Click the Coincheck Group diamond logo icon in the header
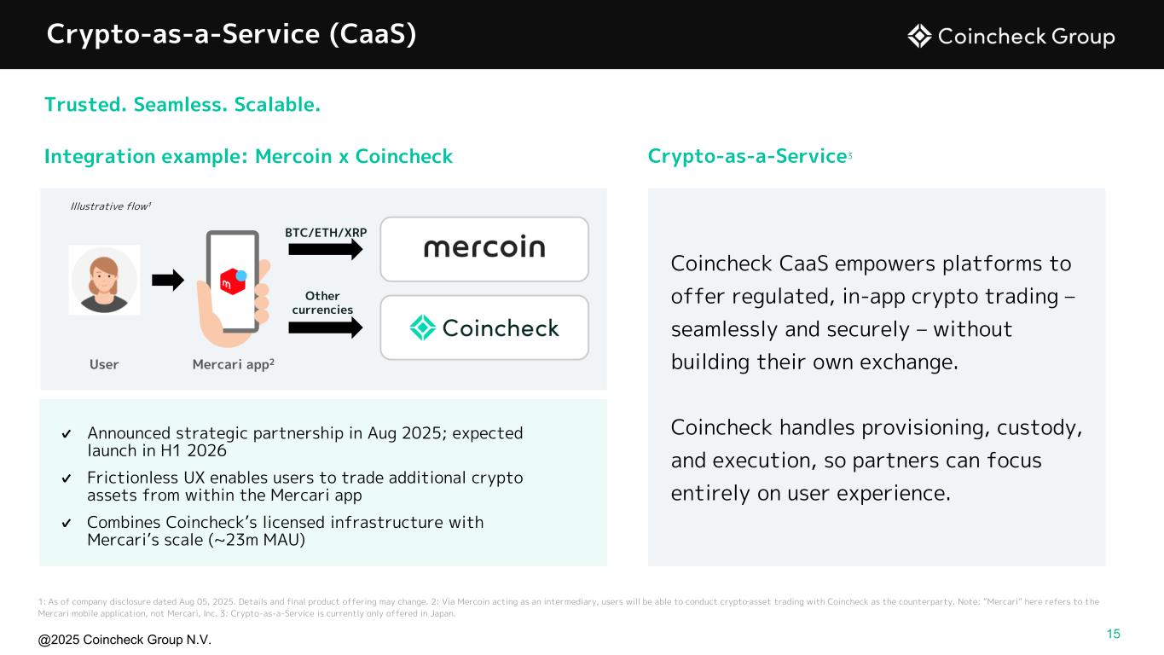click(919, 37)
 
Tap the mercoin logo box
click(484, 249)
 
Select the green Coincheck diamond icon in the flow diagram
click(422, 327)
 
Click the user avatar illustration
click(104, 280)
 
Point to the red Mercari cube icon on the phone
click(232, 281)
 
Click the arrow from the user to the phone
click(168, 281)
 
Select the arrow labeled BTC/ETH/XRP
click(326, 250)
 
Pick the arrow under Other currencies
click(326, 327)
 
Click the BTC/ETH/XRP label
click(326, 232)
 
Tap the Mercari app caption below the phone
click(234, 364)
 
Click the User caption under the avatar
click(104, 364)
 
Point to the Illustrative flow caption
click(111, 206)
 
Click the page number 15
click(1113, 634)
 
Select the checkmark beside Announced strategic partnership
click(66, 433)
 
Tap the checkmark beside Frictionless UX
click(66, 478)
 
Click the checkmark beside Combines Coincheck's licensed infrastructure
click(66, 523)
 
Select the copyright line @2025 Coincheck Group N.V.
click(125, 640)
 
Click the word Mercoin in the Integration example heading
click(293, 156)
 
